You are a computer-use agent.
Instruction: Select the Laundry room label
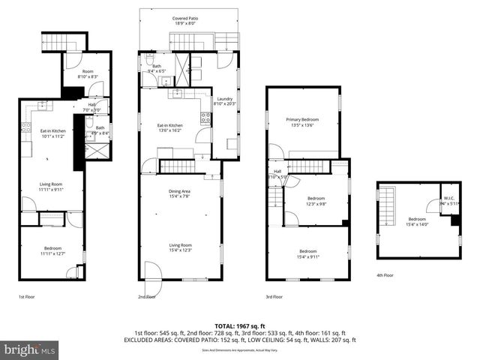pos(224,102)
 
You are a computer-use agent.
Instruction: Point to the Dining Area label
pos(179,194)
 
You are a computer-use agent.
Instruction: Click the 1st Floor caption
pos(28,298)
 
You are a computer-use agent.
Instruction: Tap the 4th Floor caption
pos(385,275)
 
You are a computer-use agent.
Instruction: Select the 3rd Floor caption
pos(275,298)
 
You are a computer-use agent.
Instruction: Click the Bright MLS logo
pos(28,349)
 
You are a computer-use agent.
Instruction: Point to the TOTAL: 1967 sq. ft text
pos(239,325)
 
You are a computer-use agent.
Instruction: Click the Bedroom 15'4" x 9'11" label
pos(307,254)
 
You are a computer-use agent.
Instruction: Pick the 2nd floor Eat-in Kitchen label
pos(169,127)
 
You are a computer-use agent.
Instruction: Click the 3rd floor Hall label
pos(277,174)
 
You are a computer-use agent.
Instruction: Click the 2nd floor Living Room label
pos(180,247)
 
